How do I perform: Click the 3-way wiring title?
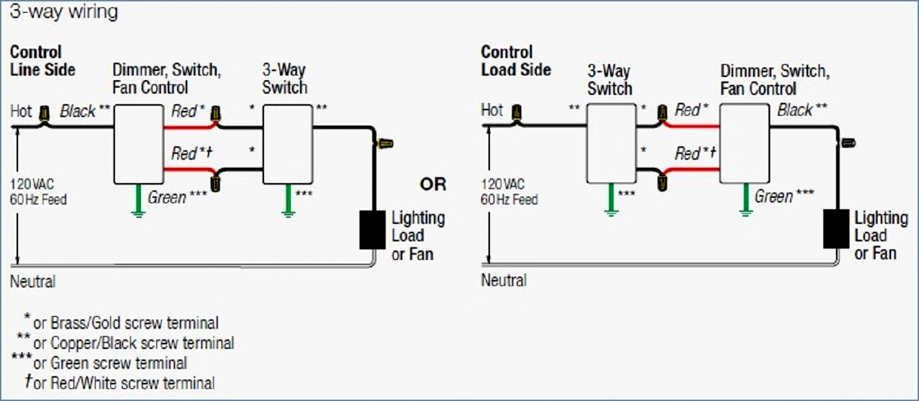(x=64, y=12)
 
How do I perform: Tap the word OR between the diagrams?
(x=433, y=184)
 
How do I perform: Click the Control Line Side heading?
(x=42, y=61)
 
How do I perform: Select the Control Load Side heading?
(x=516, y=61)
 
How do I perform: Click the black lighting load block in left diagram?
(x=372, y=230)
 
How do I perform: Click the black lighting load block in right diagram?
(x=836, y=229)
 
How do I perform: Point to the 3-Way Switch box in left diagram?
(x=288, y=144)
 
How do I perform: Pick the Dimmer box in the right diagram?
(x=744, y=143)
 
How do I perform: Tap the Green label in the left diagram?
(x=167, y=198)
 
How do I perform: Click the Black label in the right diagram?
(x=795, y=110)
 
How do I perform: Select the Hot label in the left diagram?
(x=21, y=111)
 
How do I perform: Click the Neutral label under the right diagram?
(x=504, y=280)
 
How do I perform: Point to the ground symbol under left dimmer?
(x=138, y=213)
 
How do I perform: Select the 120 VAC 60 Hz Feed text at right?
(x=509, y=192)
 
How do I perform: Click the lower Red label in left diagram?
(x=185, y=153)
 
